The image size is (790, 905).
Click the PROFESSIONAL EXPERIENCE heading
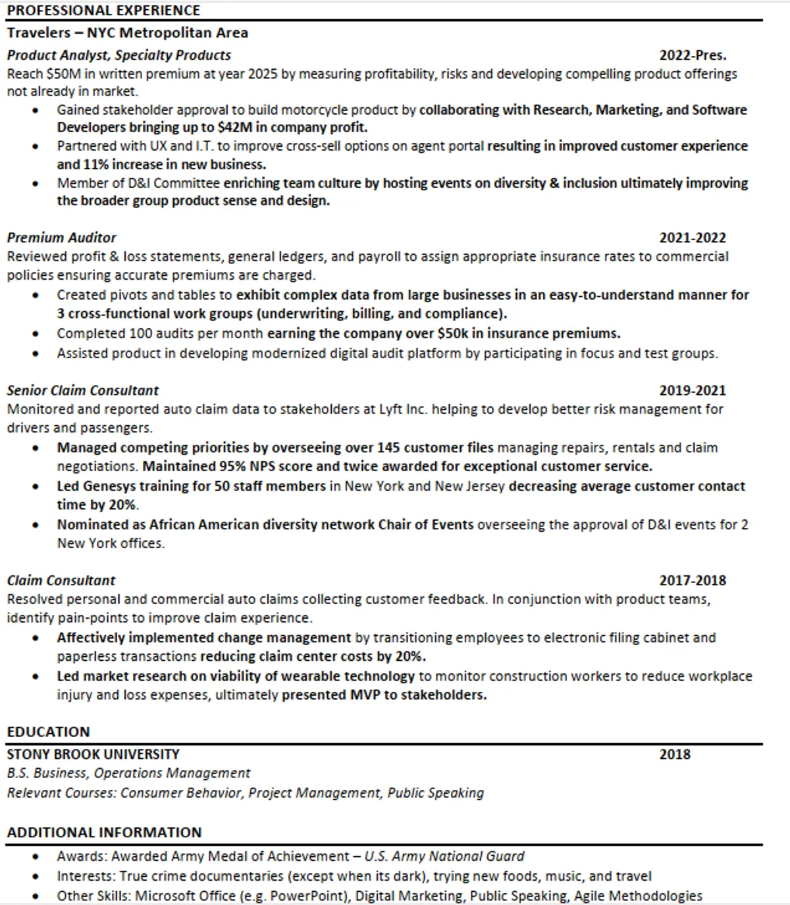pos(103,11)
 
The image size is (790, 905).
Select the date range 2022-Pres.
pos(693,55)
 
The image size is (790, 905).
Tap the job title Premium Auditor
pos(61,238)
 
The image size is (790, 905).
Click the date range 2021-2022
pos(693,238)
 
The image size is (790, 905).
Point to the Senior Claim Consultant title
pos(83,390)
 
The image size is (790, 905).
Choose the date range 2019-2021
pos(693,390)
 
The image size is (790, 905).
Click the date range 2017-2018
pos(693,581)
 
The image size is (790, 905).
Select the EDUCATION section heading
pos(48,732)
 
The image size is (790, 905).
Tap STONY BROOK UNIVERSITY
pos(93,754)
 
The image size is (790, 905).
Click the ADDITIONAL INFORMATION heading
pos(104,833)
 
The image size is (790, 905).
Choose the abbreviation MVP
pos(365,695)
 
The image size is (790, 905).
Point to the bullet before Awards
pos(36,857)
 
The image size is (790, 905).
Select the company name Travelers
pos(38,33)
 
